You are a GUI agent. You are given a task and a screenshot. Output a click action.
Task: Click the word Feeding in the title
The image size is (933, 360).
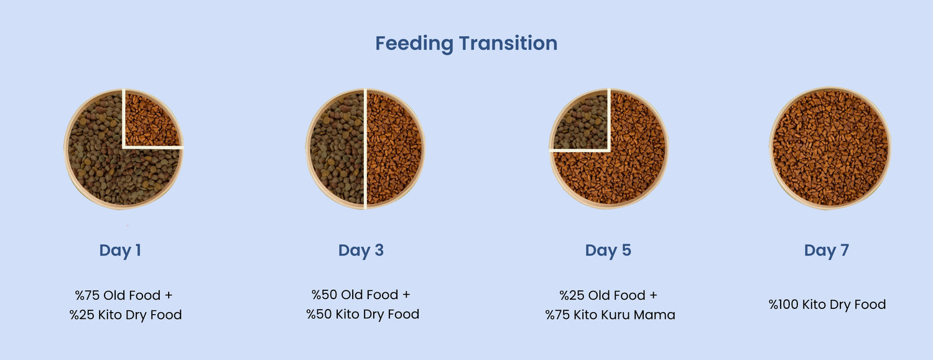click(x=414, y=44)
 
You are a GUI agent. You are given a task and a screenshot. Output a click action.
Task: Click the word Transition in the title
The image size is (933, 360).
click(x=508, y=43)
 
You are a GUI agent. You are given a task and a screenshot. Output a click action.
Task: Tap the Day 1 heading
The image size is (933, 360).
click(x=120, y=251)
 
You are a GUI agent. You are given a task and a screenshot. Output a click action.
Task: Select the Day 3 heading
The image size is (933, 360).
click(x=361, y=251)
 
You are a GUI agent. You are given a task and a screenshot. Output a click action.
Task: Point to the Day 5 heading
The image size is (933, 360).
click(x=608, y=251)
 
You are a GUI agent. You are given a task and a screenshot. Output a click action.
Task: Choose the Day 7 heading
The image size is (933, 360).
click(x=827, y=251)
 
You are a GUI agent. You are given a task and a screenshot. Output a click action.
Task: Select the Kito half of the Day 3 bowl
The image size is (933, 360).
click(x=394, y=149)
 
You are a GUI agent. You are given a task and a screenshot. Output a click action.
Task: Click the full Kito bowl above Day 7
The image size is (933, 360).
click(x=830, y=148)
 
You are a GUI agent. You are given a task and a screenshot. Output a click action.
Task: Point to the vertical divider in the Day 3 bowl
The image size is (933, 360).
click(x=365, y=149)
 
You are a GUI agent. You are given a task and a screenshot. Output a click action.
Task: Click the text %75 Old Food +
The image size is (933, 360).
click(x=124, y=295)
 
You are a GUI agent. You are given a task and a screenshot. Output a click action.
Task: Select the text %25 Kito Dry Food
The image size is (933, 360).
click(x=126, y=315)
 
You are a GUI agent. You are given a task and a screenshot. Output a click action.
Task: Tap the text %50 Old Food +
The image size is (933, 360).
click(x=361, y=295)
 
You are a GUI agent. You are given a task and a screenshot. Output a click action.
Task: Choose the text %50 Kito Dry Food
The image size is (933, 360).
click(x=363, y=314)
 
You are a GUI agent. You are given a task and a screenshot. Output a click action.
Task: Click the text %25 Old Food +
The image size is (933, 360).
click(x=608, y=295)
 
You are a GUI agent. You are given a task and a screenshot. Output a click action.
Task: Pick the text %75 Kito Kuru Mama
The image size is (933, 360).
click(x=610, y=315)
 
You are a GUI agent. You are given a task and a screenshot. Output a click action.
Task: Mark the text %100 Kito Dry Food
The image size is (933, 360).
click(x=827, y=305)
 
